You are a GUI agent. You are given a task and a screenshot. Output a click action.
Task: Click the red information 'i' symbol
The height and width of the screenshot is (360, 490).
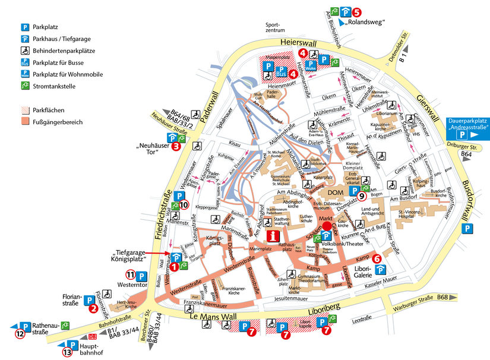273,236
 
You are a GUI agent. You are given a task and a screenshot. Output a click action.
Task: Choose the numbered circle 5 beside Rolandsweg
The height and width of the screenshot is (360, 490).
356,11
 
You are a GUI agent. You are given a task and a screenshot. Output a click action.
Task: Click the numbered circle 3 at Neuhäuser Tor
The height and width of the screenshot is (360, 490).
175,144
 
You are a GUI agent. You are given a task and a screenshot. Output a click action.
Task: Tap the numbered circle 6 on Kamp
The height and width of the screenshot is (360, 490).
376,258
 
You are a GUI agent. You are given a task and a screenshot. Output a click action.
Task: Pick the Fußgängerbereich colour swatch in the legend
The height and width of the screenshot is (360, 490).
25,122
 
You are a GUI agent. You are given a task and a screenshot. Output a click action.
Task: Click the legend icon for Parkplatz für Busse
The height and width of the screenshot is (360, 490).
25,62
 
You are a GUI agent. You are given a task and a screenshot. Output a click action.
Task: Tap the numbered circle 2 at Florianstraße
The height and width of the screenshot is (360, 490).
93,308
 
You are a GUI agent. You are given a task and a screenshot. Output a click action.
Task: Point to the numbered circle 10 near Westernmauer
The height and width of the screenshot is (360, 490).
184,205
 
